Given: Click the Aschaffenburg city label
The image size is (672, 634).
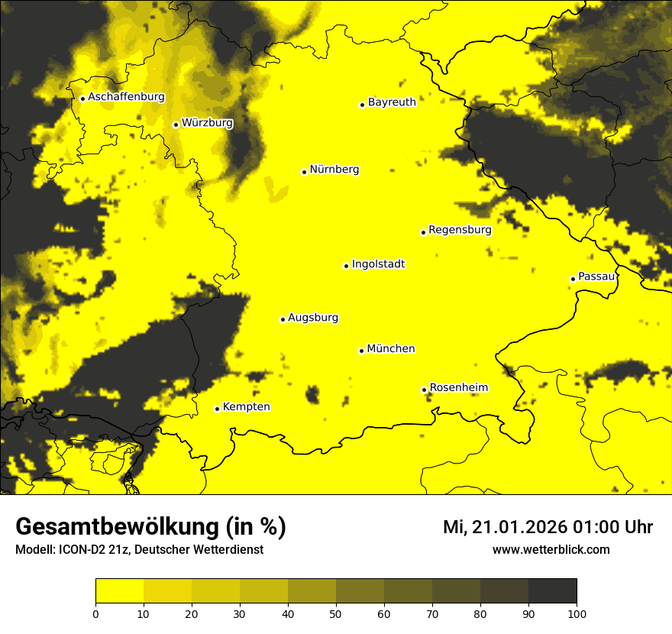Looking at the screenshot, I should pyautogui.click(x=126, y=97).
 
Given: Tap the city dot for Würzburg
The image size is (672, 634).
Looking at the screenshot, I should pyautogui.click(x=176, y=125).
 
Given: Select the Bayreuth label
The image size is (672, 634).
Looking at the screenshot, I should pyautogui.click(x=392, y=102).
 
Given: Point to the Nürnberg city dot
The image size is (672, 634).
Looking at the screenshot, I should pyautogui.click(x=304, y=172).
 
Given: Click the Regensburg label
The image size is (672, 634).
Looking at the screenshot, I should pyautogui.click(x=460, y=229).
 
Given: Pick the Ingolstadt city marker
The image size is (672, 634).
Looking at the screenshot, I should pyautogui.click(x=346, y=266).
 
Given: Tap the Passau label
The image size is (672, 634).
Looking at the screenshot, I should pyautogui.click(x=596, y=277).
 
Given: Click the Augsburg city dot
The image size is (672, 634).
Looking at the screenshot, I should pyautogui.click(x=283, y=319).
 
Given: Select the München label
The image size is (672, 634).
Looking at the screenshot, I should pyautogui.click(x=390, y=348).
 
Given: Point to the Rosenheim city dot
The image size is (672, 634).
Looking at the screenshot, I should pyautogui.click(x=424, y=390).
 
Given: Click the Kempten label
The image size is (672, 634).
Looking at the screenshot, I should pyautogui.click(x=246, y=406).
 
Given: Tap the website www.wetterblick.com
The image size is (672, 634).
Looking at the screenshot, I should pyautogui.click(x=551, y=549).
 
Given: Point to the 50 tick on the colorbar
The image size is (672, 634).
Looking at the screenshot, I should pyautogui.click(x=336, y=613).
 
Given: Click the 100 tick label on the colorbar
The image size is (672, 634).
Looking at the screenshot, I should pyautogui.click(x=577, y=613).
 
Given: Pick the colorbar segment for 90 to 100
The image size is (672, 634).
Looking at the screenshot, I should pyautogui.click(x=552, y=591).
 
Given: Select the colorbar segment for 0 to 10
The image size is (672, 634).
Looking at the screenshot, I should pyautogui.click(x=119, y=591).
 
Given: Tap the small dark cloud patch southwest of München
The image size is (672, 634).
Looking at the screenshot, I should pyautogui.click(x=312, y=394).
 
